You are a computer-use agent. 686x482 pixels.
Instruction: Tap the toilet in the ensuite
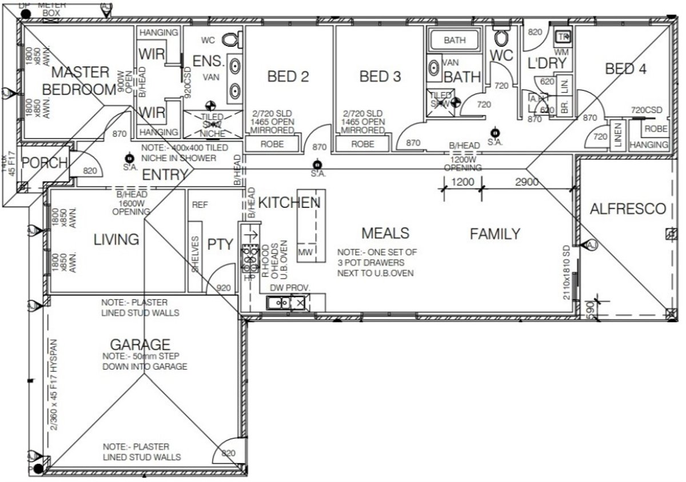click(230, 40)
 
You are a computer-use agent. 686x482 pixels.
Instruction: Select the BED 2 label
click(288, 77)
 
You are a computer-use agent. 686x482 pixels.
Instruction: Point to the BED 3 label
click(380, 77)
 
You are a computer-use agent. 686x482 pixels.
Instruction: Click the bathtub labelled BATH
click(455, 41)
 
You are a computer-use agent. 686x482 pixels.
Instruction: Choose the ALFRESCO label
click(628, 209)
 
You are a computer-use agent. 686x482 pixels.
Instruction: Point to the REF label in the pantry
click(200, 204)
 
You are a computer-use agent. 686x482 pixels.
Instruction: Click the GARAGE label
click(140, 344)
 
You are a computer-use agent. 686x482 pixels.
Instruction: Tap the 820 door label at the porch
click(90, 171)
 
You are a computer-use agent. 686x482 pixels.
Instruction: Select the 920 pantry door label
click(224, 288)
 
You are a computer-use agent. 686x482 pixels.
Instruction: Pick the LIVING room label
click(117, 239)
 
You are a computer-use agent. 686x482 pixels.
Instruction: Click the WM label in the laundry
click(562, 52)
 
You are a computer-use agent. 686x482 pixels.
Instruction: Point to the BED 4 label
click(626, 69)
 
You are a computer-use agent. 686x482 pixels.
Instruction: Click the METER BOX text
click(52, 8)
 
